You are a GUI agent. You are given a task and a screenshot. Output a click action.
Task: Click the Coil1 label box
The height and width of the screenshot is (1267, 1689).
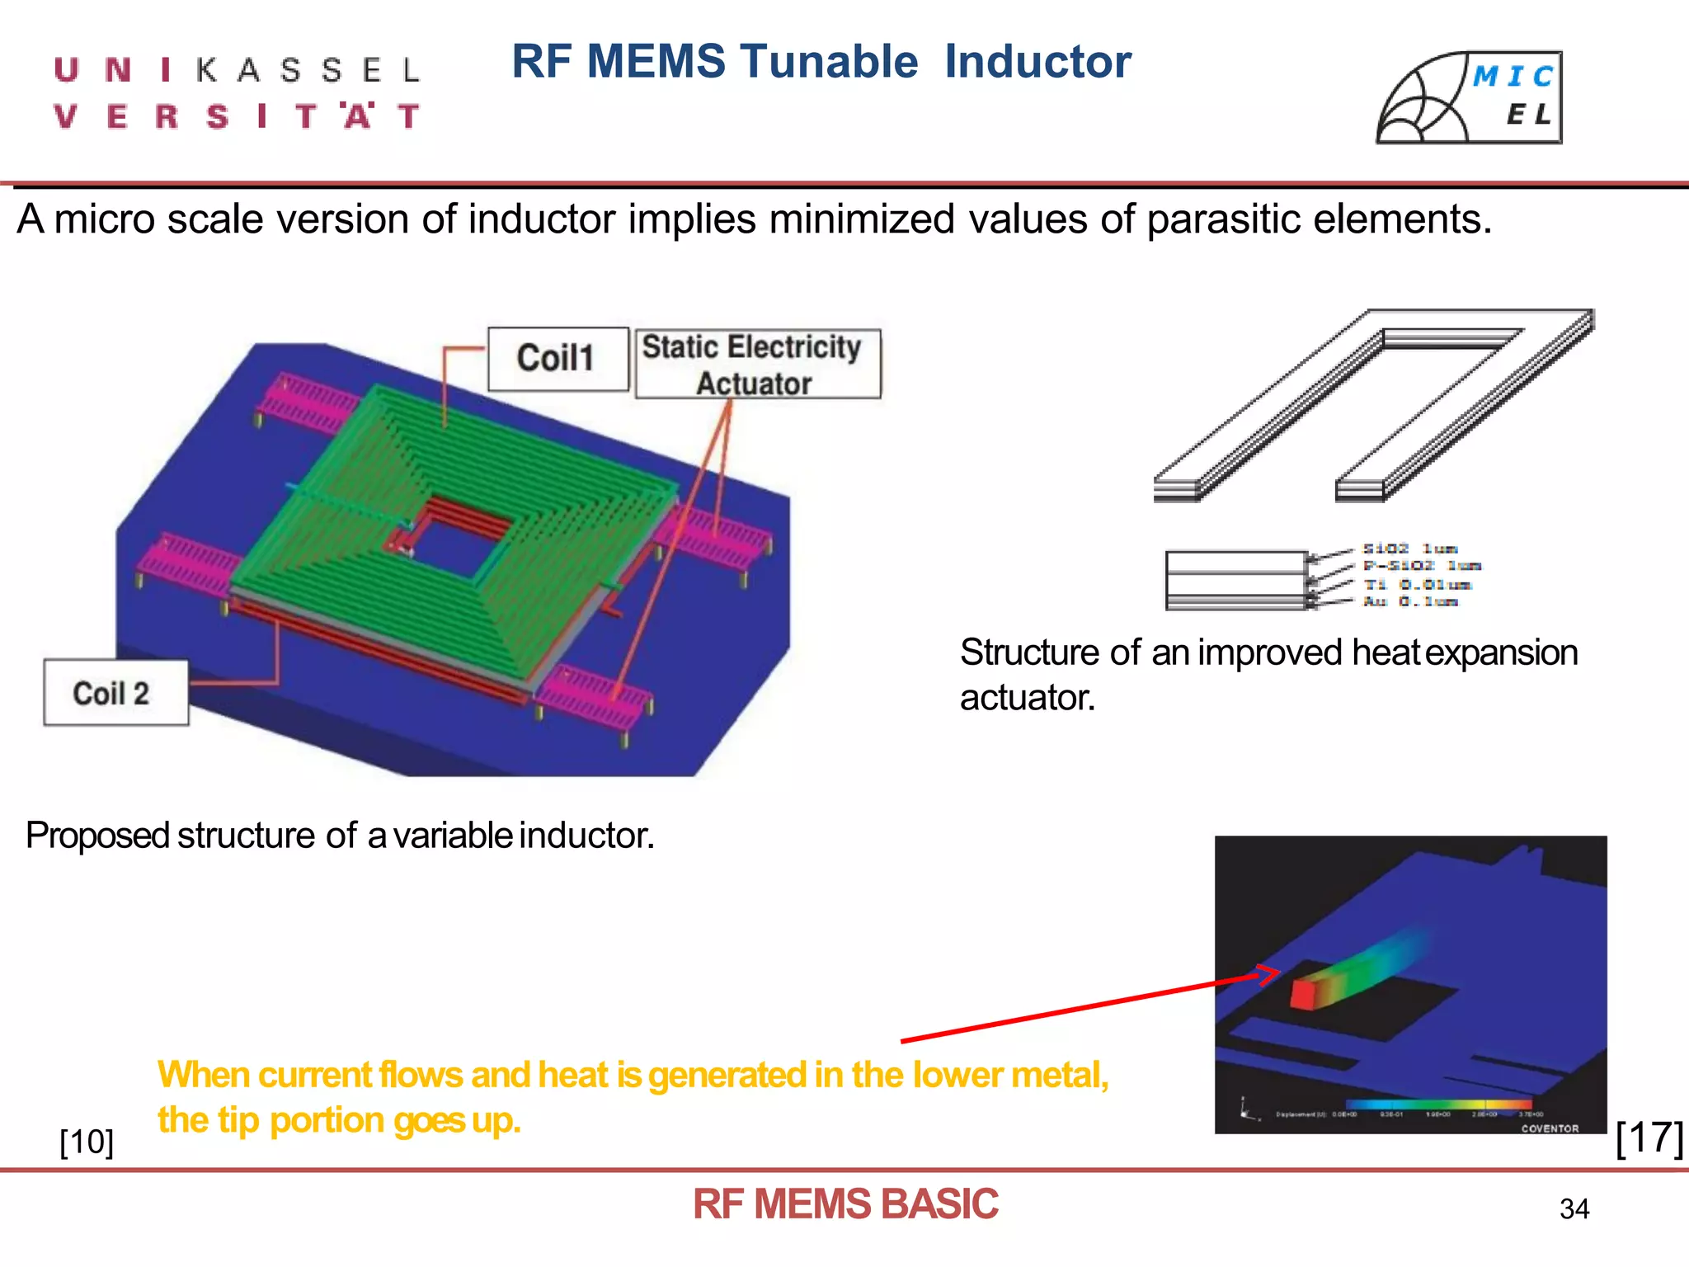(x=558, y=360)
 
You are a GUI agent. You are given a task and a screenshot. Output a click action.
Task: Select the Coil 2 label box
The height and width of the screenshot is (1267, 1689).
(x=115, y=693)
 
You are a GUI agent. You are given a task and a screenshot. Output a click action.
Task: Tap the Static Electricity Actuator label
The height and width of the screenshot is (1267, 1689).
(x=757, y=365)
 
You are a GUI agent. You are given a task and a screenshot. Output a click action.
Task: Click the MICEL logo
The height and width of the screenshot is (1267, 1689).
(x=1470, y=97)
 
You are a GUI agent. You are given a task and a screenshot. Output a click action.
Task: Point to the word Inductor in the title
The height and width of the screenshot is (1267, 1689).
(x=1037, y=62)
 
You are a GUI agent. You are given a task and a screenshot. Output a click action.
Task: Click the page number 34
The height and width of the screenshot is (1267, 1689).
(x=1574, y=1209)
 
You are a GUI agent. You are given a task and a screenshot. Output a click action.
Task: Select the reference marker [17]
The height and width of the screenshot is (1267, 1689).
(x=1649, y=1138)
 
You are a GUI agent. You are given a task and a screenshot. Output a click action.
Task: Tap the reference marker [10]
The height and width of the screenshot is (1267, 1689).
(x=87, y=1142)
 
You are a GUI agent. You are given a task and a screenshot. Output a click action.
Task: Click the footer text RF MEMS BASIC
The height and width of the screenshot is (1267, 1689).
(x=844, y=1204)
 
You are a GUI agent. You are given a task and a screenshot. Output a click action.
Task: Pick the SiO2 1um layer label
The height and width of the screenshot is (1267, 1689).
(x=1409, y=549)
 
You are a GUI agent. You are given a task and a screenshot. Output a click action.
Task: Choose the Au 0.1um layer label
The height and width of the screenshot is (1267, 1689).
(x=1409, y=601)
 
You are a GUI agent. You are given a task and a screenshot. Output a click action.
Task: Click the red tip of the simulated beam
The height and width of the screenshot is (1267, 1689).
(x=1302, y=994)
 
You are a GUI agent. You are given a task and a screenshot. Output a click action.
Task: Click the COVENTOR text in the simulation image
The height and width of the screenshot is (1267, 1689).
(x=1550, y=1128)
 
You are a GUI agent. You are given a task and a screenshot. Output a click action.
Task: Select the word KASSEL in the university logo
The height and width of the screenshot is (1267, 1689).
(x=308, y=71)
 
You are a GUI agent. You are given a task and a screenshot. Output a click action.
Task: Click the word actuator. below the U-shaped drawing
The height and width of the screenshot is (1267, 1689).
(x=1028, y=698)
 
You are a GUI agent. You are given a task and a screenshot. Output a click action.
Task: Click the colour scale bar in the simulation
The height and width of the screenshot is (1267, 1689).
(x=1438, y=1105)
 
